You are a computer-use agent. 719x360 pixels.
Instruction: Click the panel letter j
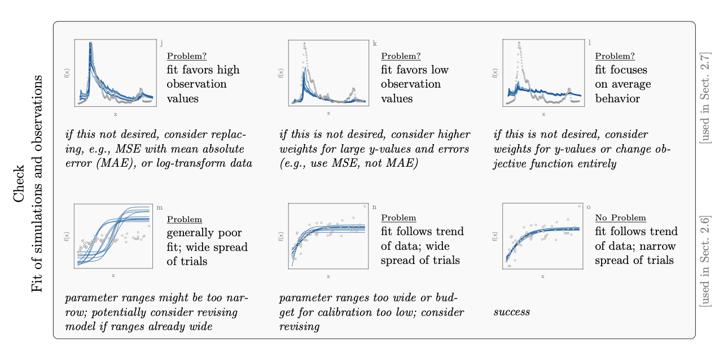coord(161,43)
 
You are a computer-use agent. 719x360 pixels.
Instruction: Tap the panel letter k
coord(375,43)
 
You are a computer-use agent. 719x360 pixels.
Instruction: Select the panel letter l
coord(590,42)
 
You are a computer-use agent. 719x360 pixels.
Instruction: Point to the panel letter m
coord(159,207)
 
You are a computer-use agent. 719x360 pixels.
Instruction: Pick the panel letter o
coord(589,207)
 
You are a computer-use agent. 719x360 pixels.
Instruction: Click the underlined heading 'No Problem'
coord(620,218)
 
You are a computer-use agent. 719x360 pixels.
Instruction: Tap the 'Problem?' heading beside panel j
coord(186,56)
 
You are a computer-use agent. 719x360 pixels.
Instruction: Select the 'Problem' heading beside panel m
coord(184,219)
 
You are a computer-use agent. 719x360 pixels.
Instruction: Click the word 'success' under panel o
coord(511,311)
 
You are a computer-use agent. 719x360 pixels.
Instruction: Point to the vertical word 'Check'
coord(19,184)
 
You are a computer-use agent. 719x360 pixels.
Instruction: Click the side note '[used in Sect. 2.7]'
coord(704,98)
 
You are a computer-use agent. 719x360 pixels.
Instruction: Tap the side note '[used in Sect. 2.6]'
coord(704,261)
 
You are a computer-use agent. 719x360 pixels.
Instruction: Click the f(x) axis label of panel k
coord(281,73)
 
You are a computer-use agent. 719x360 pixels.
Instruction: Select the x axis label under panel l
coord(543,114)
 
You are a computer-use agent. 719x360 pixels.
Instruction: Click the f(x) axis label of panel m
coord(67,236)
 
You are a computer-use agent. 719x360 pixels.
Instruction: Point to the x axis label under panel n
coord(328,276)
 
